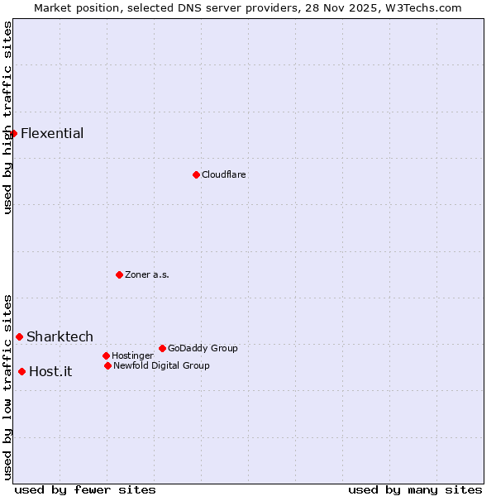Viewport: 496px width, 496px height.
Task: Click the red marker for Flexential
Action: coord(13,133)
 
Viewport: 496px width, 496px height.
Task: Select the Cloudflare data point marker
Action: coord(196,174)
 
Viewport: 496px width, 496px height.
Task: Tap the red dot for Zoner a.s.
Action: coord(119,274)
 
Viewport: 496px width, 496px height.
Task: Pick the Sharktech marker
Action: coord(19,336)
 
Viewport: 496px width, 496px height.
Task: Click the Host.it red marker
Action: coord(21,371)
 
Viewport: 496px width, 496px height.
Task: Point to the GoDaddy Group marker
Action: coord(162,348)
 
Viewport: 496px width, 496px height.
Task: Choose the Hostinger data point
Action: coord(106,355)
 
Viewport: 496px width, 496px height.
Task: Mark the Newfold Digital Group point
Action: coord(107,365)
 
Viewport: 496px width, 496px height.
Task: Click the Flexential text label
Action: coord(52,133)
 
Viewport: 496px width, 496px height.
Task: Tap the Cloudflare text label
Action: coord(223,174)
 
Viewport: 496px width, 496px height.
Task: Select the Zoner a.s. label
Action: coord(147,274)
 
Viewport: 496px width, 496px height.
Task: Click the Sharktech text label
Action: coord(60,336)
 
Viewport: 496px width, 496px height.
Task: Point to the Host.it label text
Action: coord(50,371)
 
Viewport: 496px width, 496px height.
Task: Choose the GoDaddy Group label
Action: coord(203,348)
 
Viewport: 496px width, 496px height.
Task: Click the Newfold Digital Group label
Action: coord(161,365)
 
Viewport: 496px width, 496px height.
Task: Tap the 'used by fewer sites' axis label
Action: coord(85,489)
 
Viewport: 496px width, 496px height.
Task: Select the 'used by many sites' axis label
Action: coord(415,489)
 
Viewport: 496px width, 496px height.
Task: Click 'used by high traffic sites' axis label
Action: coord(7,117)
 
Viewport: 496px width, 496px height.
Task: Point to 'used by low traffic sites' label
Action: coord(7,387)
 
